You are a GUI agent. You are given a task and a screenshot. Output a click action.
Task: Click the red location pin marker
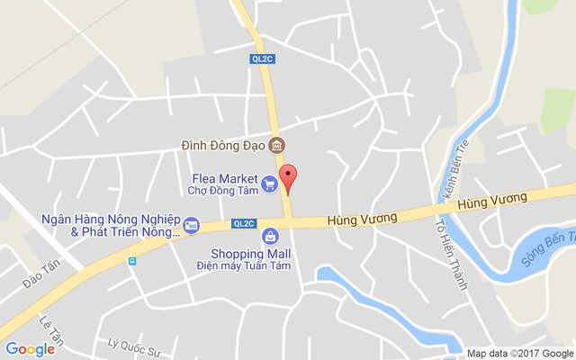[288, 177]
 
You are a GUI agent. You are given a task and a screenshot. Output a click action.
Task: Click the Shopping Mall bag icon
[269, 236]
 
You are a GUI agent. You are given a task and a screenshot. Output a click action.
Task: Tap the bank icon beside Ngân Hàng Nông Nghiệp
[191, 224]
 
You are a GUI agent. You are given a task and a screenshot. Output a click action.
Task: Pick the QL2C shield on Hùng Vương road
[244, 223]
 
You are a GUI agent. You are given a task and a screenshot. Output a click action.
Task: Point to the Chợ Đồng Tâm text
[222, 190]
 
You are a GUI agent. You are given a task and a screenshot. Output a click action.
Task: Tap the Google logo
[30, 349]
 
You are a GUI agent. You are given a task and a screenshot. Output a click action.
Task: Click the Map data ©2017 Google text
[519, 353]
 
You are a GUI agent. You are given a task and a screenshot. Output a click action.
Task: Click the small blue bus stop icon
[132, 261]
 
